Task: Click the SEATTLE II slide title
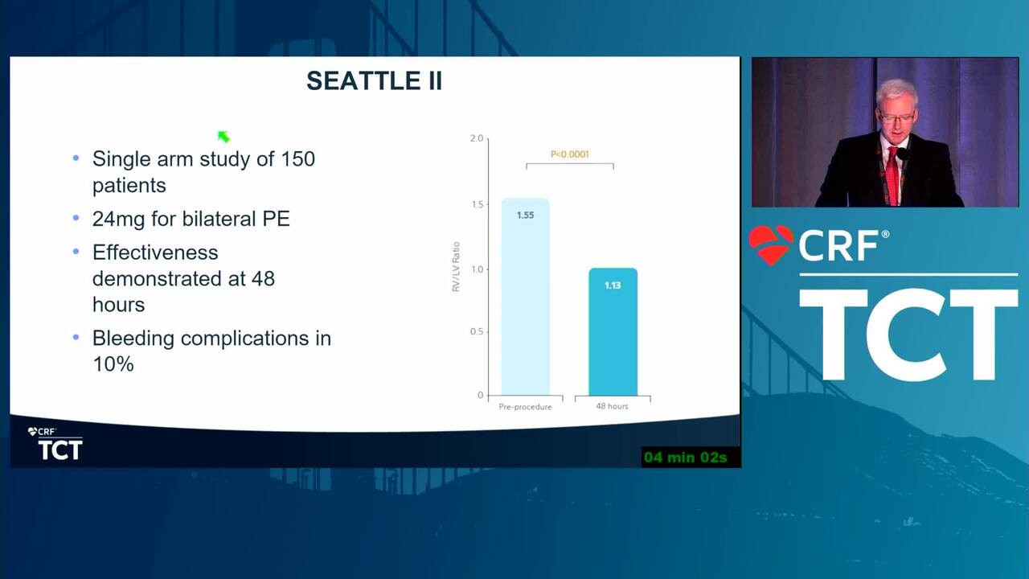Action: coord(374,81)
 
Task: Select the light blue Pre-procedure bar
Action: coord(525,297)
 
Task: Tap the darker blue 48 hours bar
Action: coord(613,332)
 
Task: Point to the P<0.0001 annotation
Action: coord(570,154)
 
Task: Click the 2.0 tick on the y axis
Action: coord(477,138)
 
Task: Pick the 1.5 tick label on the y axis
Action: coord(478,204)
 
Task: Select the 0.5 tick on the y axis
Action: coord(477,332)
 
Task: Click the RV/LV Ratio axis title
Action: coord(456,266)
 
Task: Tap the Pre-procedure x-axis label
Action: coord(525,407)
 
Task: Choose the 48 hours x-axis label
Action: coord(612,406)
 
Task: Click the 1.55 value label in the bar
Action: coord(525,215)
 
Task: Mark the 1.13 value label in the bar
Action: coord(613,285)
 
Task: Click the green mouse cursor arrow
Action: coord(223,137)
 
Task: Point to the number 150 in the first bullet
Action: coord(297,159)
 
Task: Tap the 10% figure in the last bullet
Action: coord(113,364)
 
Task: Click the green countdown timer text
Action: coord(686,458)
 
